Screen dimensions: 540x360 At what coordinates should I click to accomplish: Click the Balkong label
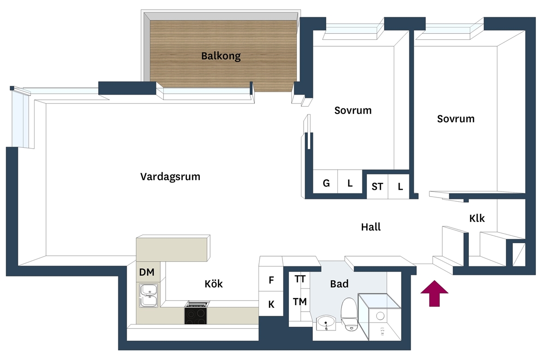221,56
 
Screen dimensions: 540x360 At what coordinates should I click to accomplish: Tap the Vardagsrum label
170,177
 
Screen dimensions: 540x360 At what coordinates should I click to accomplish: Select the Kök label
214,283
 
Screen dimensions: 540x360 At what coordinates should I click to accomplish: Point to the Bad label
339,283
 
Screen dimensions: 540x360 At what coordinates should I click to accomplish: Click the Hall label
371,227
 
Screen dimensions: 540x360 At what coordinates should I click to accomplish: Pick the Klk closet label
477,218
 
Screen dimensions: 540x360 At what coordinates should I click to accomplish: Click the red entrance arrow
434,293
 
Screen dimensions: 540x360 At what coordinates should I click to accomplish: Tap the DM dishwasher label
147,272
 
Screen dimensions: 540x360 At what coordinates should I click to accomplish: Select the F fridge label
271,280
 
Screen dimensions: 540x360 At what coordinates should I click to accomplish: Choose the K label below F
271,304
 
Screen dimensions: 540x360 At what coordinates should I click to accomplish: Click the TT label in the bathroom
300,279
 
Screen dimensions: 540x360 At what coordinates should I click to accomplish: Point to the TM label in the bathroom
300,302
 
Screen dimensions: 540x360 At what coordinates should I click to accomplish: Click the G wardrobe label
326,183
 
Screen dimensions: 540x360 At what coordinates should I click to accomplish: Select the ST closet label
377,186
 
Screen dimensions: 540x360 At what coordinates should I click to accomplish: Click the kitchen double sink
149,295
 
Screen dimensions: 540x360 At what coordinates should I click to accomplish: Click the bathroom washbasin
326,323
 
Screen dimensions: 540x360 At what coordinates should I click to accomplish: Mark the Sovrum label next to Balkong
353,110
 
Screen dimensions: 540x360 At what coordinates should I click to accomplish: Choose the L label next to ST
400,186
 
